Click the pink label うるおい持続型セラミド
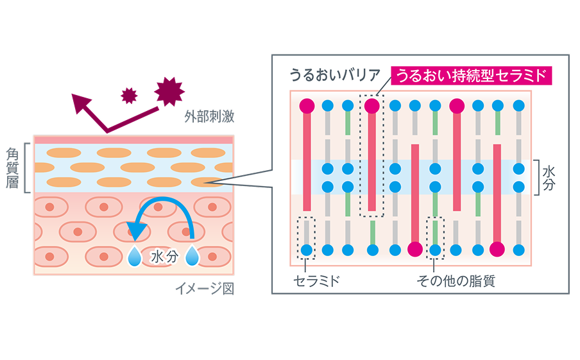pos(471,76)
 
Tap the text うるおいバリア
pos(335,76)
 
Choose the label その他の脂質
pos(456,280)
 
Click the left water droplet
pos(135,256)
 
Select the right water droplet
pos(192,256)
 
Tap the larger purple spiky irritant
pos(170,90)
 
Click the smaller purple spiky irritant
pos(130,96)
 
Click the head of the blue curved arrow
pos(137,229)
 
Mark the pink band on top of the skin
pos(133,139)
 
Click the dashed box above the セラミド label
pos(307,239)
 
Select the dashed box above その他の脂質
pos(435,239)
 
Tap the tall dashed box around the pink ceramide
pos(371,155)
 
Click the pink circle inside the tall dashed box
pos(371,105)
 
